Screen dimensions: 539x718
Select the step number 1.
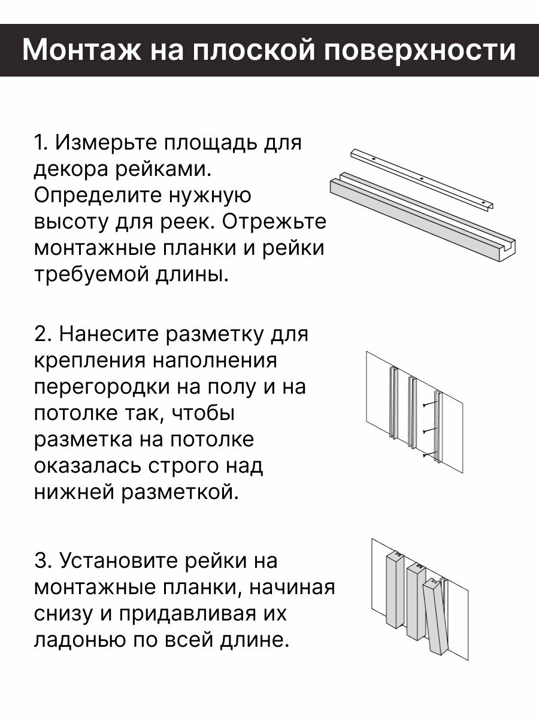(40, 144)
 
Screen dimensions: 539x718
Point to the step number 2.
(41, 333)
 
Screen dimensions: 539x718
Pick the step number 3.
(41, 561)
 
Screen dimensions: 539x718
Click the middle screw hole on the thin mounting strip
(422, 179)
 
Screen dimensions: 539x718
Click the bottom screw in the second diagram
(426, 456)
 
